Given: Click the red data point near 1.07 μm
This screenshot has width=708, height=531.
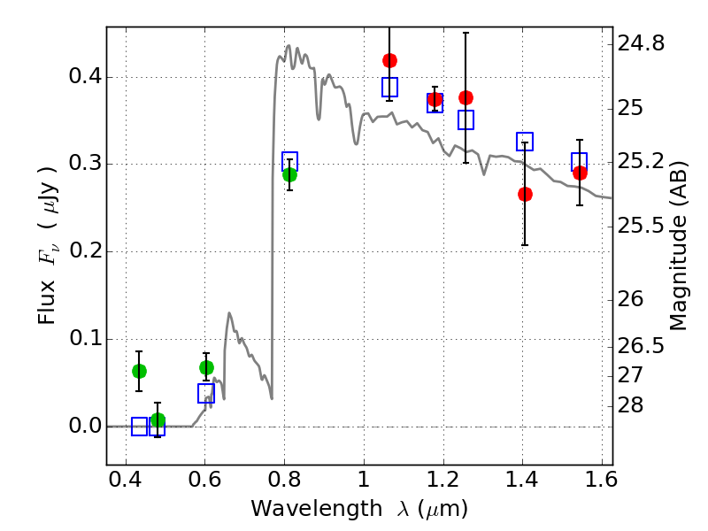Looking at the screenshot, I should [389, 60].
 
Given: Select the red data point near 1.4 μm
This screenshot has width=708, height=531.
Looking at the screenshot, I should [525, 194].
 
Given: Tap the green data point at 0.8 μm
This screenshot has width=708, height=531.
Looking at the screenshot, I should [289, 174].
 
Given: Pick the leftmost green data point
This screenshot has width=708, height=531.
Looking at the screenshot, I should [139, 371].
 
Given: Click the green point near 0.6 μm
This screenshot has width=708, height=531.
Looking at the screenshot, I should [206, 367].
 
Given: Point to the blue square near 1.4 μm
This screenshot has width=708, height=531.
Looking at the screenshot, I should [525, 142].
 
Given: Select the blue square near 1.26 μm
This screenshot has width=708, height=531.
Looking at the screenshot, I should [466, 119].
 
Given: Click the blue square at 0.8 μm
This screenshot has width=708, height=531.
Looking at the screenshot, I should [289, 161].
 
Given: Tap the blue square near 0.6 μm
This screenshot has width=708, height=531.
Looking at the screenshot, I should [206, 393].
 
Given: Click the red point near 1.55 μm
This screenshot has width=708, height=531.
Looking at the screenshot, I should [580, 173].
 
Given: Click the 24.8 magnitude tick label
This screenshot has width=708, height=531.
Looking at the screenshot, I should [641, 42].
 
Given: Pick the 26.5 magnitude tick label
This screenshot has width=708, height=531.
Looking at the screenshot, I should [641, 345].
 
